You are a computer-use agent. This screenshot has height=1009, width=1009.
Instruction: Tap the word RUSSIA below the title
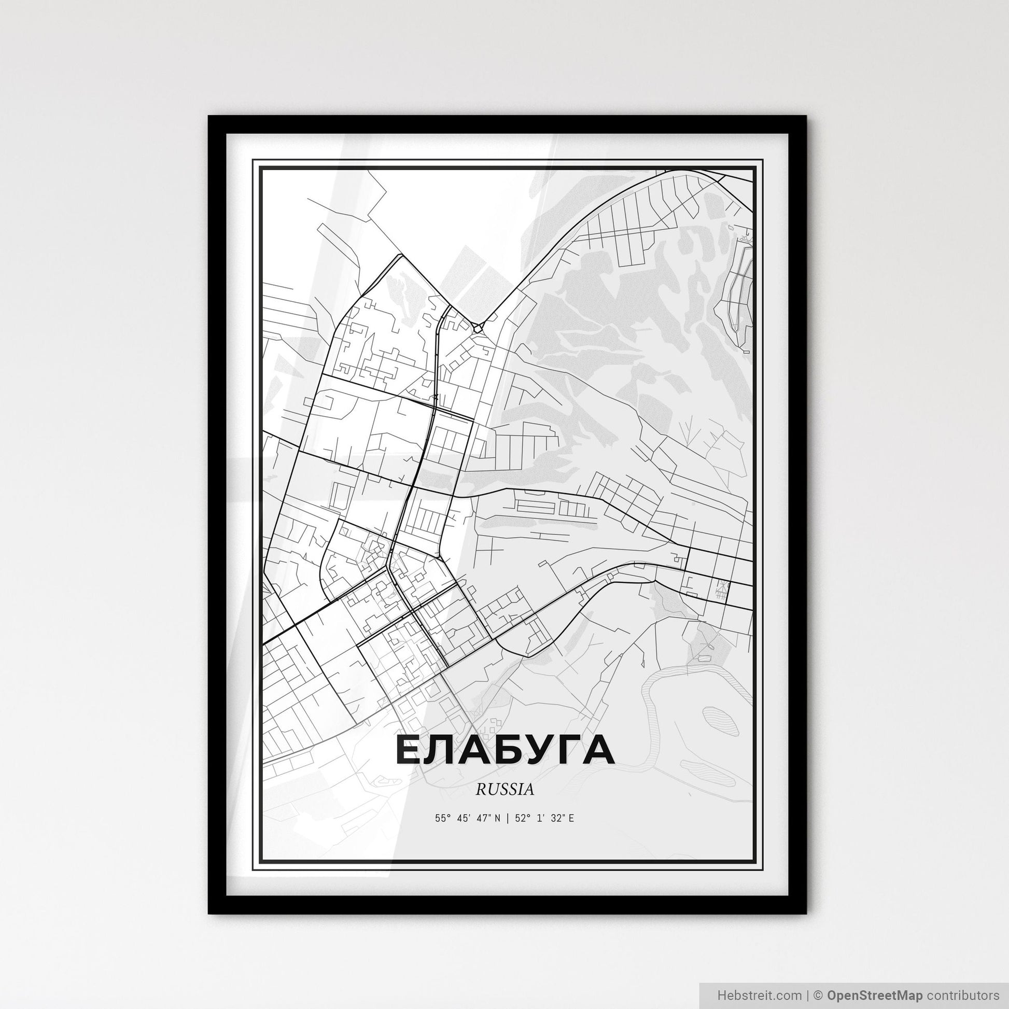coord(504,790)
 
